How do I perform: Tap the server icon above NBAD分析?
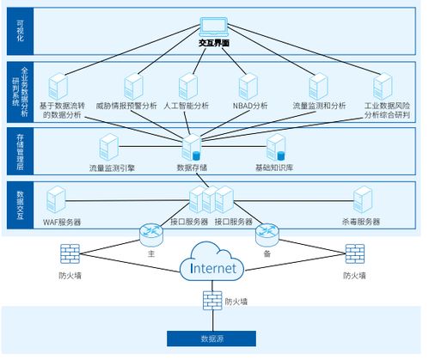click(x=248, y=85)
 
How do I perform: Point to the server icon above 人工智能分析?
click(x=187, y=85)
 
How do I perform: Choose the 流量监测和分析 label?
click(x=317, y=106)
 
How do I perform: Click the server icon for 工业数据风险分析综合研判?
click(x=383, y=85)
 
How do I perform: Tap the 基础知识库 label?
click(x=274, y=167)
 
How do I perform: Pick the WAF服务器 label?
click(x=61, y=222)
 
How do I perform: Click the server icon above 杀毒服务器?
click(x=362, y=201)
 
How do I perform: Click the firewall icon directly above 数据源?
click(x=210, y=302)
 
